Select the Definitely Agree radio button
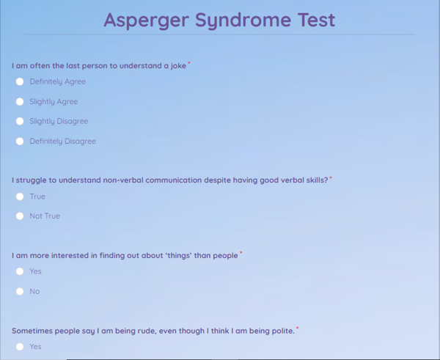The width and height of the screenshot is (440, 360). point(20,82)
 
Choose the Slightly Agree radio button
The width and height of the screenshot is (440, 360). point(20,102)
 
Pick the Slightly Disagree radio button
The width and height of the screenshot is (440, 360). point(20,122)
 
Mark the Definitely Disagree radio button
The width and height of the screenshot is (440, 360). point(20,142)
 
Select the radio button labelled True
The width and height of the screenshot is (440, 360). point(20,196)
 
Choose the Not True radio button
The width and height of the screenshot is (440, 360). point(20,216)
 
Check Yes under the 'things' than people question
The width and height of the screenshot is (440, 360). point(20,271)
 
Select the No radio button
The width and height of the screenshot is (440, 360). point(20,292)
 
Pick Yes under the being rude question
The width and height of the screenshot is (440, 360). point(20,347)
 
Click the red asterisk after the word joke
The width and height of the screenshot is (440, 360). point(189,64)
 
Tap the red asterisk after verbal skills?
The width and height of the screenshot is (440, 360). point(331,177)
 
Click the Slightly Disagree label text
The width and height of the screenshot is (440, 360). point(59,122)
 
